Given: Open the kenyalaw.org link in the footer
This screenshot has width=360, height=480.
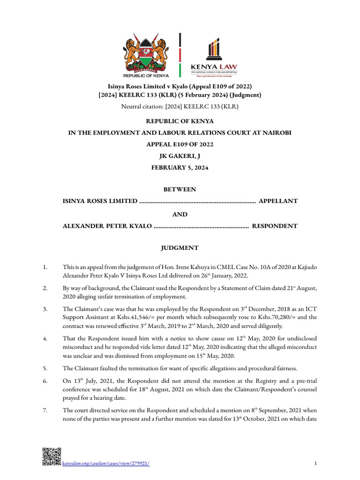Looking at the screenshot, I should click(x=106, y=464).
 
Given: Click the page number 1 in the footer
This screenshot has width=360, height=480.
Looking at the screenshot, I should click(x=316, y=464).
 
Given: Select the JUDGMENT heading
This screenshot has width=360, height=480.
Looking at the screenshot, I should click(x=180, y=248).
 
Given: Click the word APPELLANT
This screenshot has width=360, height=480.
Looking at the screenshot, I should click(x=278, y=201).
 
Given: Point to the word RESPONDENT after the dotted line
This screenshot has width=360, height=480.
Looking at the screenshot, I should click(x=275, y=226).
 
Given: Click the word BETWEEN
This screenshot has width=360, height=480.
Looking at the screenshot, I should click(x=180, y=189).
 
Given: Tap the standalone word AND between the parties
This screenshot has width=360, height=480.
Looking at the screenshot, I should click(x=180, y=214).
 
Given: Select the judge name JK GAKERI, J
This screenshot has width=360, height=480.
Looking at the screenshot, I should click(x=180, y=156).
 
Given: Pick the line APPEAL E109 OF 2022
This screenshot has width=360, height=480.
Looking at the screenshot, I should click(x=180, y=144).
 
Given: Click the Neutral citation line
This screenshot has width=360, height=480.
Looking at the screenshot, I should click(x=180, y=107).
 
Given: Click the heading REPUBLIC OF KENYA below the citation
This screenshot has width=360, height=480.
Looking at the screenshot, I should click(x=180, y=121).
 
